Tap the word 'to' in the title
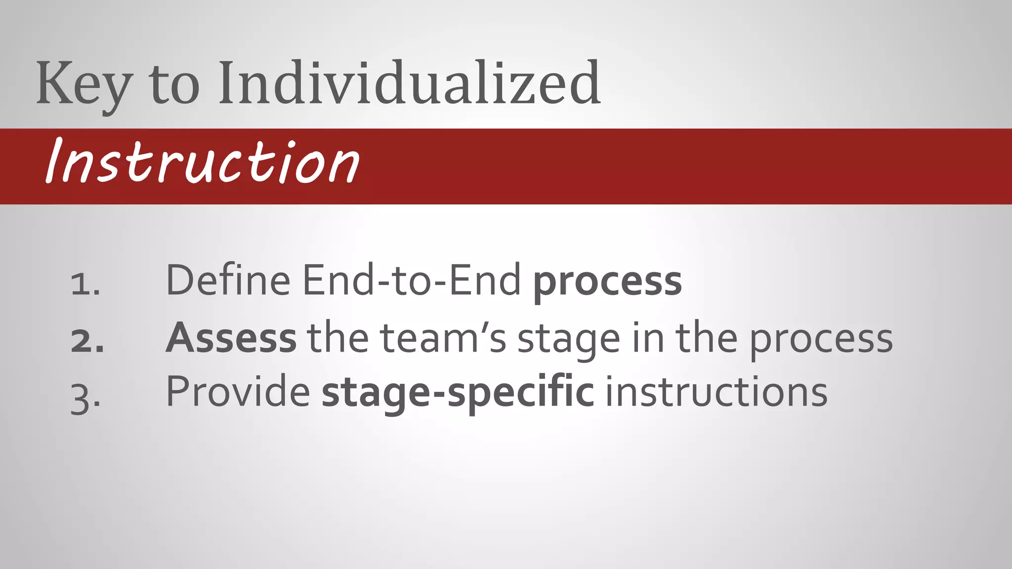tap(174, 85)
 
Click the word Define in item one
tap(228, 280)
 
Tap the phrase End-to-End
tap(411, 280)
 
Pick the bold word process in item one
tap(607, 282)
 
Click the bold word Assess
tap(231, 338)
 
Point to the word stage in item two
tap(568, 340)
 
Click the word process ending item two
tap(821, 340)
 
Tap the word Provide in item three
tap(238, 392)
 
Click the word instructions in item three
tap(717, 392)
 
